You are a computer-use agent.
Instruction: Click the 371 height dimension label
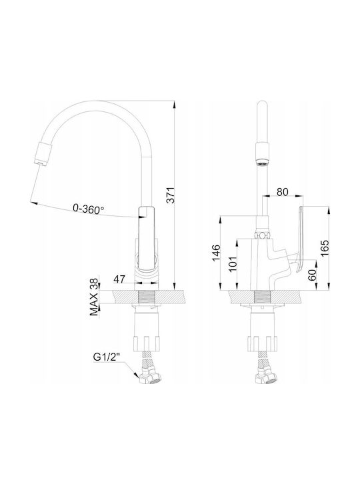pyautogui.click(x=171, y=195)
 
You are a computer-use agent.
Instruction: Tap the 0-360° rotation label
pyautogui.click(x=88, y=209)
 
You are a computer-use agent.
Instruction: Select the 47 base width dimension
pyautogui.click(x=120, y=279)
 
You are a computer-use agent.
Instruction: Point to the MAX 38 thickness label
pyautogui.click(x=94, y=297)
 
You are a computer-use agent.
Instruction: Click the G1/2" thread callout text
pyautogui.click(x=105, y=357)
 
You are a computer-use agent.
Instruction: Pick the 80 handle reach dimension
pyautogui.click(x=282, y=192)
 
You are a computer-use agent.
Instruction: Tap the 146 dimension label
pyautogui.click(x=216, y=253)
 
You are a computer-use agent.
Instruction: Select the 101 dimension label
pyautogui.click(x=233, y=263)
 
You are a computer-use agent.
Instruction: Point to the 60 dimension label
pyautogui.click(x=312, y=275)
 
